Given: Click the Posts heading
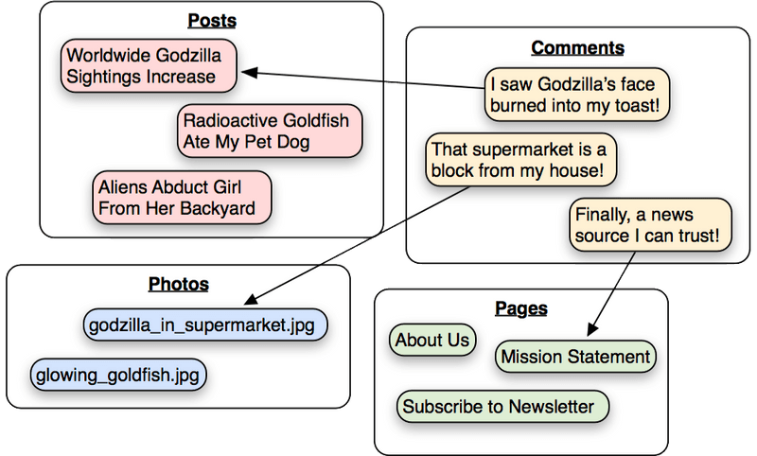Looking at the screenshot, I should tap(212, 20).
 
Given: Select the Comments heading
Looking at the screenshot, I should tap(577, 47).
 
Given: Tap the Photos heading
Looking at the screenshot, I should tap(178, 283).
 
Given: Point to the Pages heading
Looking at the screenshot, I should tap(521, 307).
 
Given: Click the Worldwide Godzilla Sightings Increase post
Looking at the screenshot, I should tap(149, 65).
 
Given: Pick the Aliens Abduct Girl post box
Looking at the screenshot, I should tap(182, 197).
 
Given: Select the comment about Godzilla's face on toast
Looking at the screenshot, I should tap(576, 94).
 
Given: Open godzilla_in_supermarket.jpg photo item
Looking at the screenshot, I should tap(205, 326).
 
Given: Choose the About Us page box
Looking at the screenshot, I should tap(432, 341).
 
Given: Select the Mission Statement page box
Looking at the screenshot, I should tap(575, 357).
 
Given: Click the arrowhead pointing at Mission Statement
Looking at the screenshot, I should tap(591, 331).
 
